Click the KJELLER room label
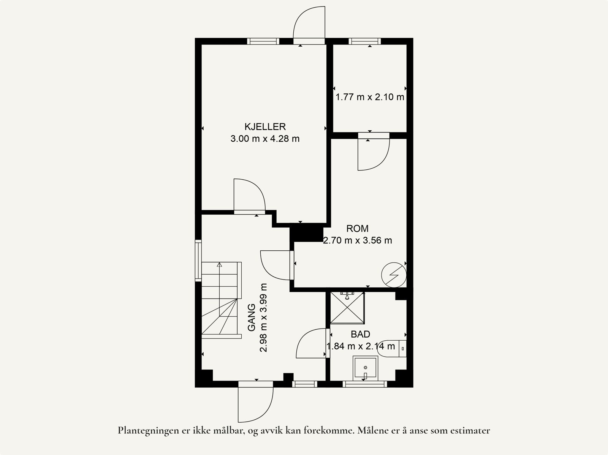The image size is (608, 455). (265, 127)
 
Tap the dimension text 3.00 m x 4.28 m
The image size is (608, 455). (265, 138)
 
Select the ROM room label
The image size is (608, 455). (357, 229)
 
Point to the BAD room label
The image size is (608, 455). (360, 334)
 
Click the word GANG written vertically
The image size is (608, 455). (252, 318)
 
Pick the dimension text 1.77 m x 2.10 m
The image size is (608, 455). (370, 97)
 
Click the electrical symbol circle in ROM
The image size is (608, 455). (394, 275)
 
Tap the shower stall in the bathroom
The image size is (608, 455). (347, 308)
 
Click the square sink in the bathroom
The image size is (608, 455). (365, 368)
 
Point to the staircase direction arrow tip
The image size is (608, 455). (219, 263)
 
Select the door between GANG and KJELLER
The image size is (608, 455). (250, 196)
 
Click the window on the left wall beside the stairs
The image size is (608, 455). (198, 261)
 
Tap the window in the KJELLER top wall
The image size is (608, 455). (263, 41)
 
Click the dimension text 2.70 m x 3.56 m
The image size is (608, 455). (357, 240)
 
